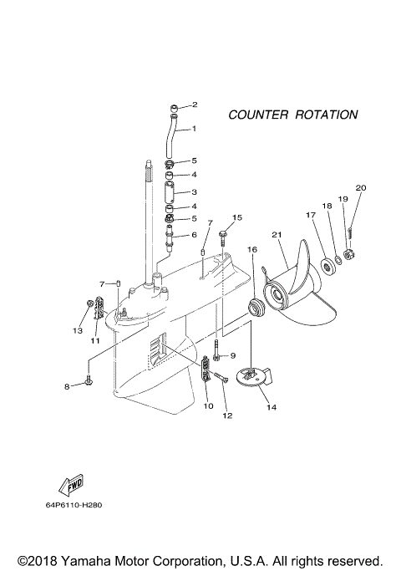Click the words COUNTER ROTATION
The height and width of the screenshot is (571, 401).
pyautogui.click(x=292, y=115)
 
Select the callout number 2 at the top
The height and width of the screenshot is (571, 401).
pyautogui.click(x=195, y=105)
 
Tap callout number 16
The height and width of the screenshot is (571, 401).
pyautogui.click(x=251, y=249)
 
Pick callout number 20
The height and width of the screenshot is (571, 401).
pyautogui.click(x=361, y=187)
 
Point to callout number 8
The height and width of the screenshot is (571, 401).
pyautogui.click(x=68, y=386)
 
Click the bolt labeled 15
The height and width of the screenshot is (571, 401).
pyautogui.click(x=222, y=236)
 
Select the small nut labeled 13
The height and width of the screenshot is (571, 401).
pyautogui.click(x=89, y=303)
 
